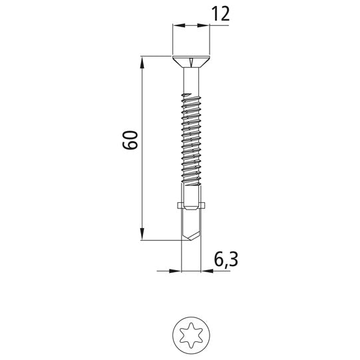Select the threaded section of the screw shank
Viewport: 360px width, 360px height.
pyautogui.click(x=192, y=140)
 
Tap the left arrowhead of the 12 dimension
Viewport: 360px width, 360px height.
pyautogui.click(x=177, y=25)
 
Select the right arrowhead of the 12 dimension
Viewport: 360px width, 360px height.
pyautogui.click(x=205, y=25)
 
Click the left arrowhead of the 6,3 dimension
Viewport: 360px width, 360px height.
pyautogui.click(x=178, y=271)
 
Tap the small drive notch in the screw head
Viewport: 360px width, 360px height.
pyautogui.click(x=192, y=64)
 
